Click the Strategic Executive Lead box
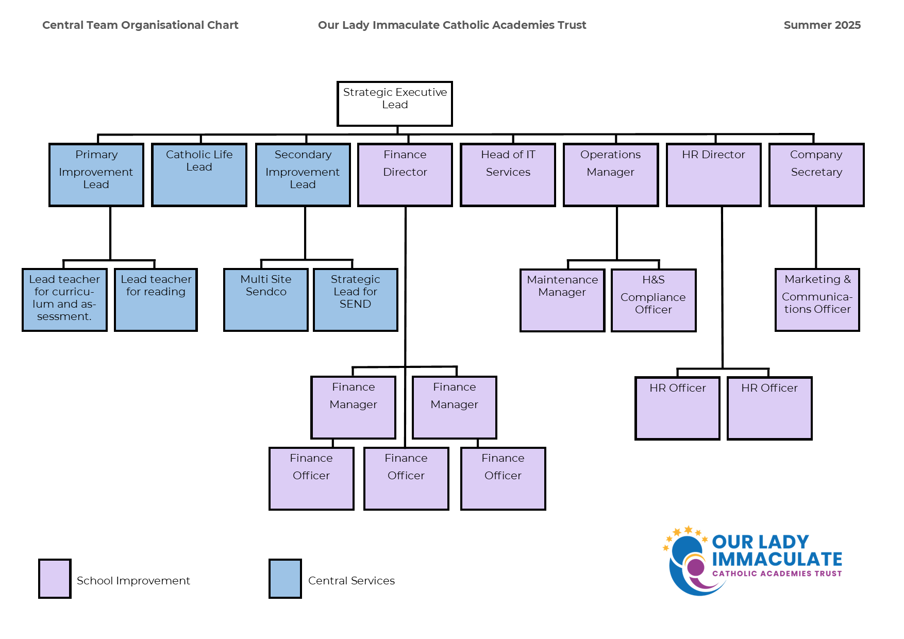(x=395, y=104)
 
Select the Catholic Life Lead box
(x=199, y=175)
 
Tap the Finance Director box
(x=405, y=175)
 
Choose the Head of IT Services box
(x=508, y=175)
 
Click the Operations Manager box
(x=611, y=175)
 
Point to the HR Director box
(x=713, y=175)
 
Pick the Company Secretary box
(x=816, y=175)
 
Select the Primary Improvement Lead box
(x=96, y=175)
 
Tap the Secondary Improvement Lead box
(x=303, y=175)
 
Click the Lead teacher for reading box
(x=156, y=299)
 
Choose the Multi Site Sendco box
(x=266, y=299)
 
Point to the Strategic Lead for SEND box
(x=356, y=299)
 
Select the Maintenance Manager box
(x=562, y=300)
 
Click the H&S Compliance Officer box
(x=654, y=300)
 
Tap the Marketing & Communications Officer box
(x=817, y=299)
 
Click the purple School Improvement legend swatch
(x=55, y=579)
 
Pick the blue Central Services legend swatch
(x=285, y=579)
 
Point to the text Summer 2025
(x=822, y=25)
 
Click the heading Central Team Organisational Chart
(x=140, y=25)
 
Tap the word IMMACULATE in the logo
(x=777, y=559)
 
